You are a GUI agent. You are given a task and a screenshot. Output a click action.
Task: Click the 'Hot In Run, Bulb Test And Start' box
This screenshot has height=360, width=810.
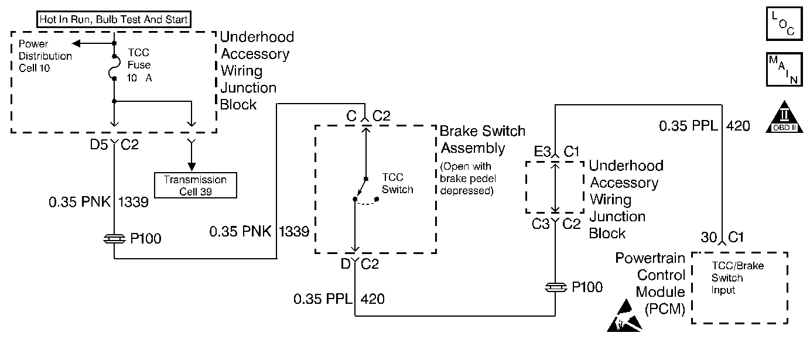(x=114, y=20)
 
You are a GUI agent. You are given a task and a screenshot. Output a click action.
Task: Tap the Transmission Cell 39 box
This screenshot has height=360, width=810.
(x=195, y=185)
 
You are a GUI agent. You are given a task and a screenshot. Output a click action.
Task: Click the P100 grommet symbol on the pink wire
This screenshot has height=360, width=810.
(x=114, y=238)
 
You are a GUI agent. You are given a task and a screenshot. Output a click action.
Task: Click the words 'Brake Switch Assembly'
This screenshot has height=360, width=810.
(x=483, y=139)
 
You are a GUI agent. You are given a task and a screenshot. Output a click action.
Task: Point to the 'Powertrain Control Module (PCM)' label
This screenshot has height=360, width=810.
(x=650, y=283)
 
